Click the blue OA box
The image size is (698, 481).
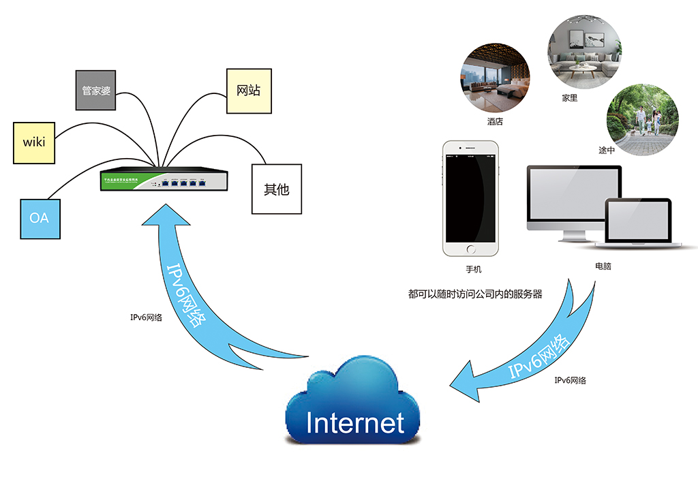pos(40,219)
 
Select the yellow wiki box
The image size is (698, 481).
pos(33,142)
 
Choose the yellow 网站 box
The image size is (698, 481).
pos(248,91)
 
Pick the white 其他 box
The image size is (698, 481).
pos(276,189)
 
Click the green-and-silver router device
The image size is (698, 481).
pos(163,181)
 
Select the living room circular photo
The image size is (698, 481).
pos(584,50)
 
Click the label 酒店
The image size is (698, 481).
pos(495,122)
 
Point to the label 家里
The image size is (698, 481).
pos(570,98)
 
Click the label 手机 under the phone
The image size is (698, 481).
pos(473,270)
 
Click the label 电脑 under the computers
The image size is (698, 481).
pos(603,266)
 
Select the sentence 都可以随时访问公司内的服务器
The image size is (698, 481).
pos(474,295)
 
